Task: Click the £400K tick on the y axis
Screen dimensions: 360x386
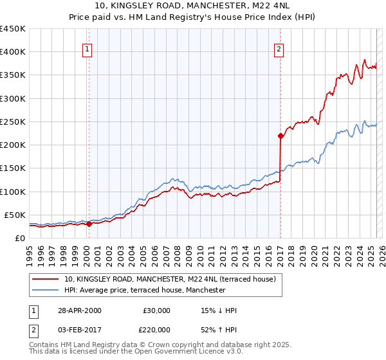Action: [x=13, y=52]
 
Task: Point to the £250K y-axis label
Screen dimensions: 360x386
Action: [x=13, y=122]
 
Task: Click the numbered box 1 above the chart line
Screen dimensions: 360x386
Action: [x=87, y=48]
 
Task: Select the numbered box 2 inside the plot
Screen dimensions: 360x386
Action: [x=279, y=48]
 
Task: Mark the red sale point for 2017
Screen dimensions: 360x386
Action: [x=280, y=136]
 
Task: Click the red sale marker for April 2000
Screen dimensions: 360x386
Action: [x=89, y=224]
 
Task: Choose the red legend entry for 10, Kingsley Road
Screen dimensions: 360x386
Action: [x=170, y=279]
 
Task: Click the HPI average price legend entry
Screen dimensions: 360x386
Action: [x=145, y=290]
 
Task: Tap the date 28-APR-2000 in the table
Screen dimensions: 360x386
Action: [x=80, y=310]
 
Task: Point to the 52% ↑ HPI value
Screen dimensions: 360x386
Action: [x=219, y=329]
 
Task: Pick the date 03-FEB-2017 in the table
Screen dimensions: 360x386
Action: [x=80, y=329]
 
